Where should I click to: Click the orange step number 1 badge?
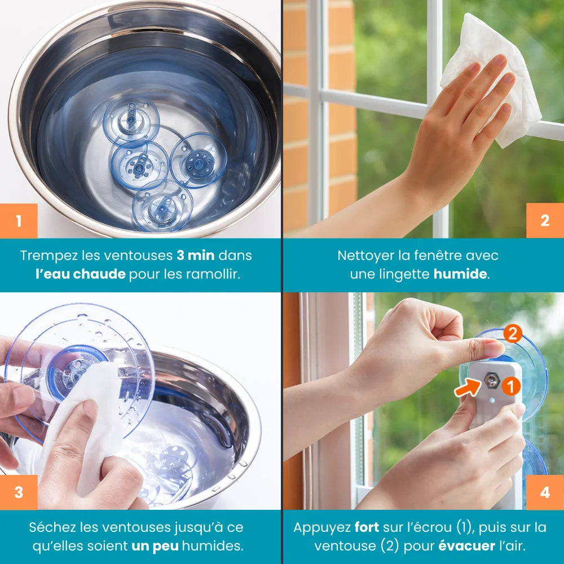pyautogui.click(x=19, y=221)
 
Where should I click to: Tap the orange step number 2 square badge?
pyautogui.click(x=545, y=221)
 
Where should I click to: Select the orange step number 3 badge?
pyautogui.click(x=19, y=492)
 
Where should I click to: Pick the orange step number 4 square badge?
pyautogui.click(x=545, y=492)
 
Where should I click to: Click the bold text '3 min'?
pyautogui.click(x=196, y=255)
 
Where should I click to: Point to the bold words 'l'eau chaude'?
pyautogui.click(x=81, y=274)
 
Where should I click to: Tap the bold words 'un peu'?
pyautogui.click(x=155, y=547)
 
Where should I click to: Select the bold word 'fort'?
pyautogui.click(x=367, y=527)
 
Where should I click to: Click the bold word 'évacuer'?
pyautogui.click(x=466, y=546)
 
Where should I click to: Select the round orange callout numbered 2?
pyautogui.click(x=513, y=333)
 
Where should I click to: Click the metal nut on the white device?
pyautogui.click(x=491, y=380)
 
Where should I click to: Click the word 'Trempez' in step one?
pyautogui.click(x=49, y=256)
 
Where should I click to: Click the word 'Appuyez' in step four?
pyautogui.click(x=322, y=528)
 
